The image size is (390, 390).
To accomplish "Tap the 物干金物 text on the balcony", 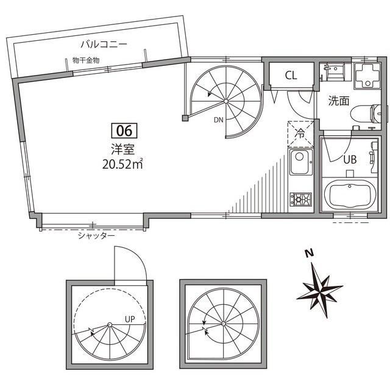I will (85, 60).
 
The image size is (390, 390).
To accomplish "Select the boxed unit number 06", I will (124, 130).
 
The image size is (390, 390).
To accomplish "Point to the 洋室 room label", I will (123, 147).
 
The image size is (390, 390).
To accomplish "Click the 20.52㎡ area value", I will (123, 163).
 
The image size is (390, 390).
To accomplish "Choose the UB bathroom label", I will (350, 160).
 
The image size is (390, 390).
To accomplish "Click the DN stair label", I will (218, 119).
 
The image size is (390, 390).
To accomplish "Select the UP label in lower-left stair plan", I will (130, 318).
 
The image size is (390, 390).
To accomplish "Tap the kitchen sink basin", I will (300, 164).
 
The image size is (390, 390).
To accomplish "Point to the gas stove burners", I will (300, 199).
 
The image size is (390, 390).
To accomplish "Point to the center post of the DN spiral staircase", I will (225, 101).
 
